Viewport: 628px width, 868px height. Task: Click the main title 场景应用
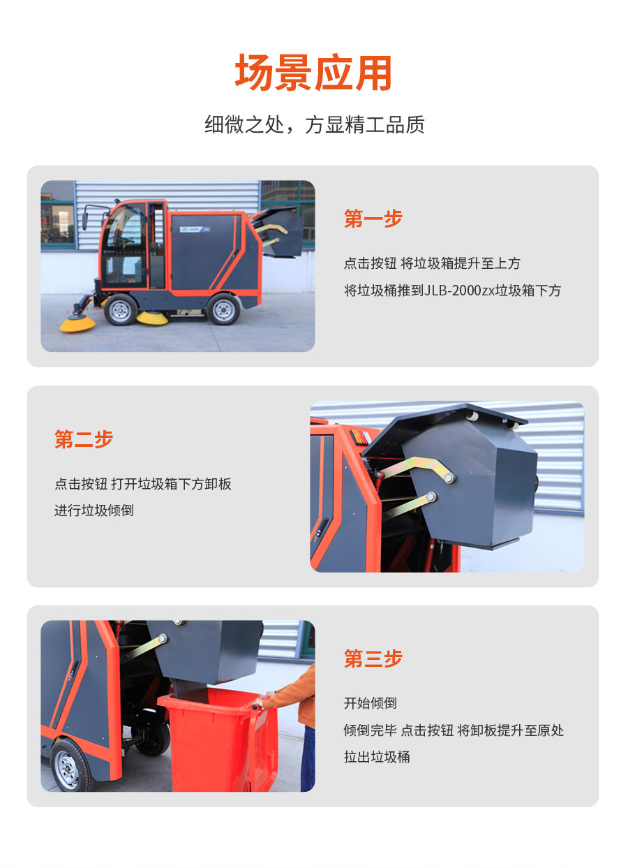click(x=313, y=73)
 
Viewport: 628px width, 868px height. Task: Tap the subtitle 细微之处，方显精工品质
click(x=315, y=124)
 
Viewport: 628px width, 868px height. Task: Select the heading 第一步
click(x=373, y=219)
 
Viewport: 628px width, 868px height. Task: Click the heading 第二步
click(x=84, y=439)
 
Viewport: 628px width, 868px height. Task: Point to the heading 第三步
click(x=373, y=659)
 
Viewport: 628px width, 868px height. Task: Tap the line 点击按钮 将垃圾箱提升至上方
click(x=432, y=263)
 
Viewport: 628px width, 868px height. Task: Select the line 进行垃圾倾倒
click(x=94, y=510)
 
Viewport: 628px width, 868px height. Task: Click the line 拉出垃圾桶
click(x=377, y=757)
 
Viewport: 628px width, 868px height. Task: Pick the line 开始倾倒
click(x=370, y=703)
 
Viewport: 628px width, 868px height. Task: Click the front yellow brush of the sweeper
click(x=77, y=323)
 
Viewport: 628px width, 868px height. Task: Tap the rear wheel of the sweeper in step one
click(x=223, y=309)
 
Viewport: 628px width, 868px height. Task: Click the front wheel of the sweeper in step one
click(x=121, y=309)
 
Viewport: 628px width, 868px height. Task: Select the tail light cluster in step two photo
click(x=361, y=437)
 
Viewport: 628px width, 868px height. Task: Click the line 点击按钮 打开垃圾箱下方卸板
click(x=143, y=484)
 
